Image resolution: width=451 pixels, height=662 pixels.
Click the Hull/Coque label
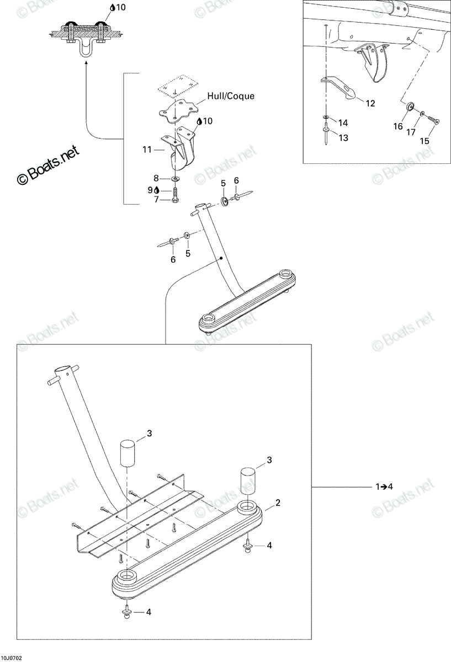[231, 96]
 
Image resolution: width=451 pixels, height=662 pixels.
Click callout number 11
[147, 150]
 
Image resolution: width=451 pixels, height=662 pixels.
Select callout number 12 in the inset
[370, 103]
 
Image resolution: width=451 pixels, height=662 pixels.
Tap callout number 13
[343, 138]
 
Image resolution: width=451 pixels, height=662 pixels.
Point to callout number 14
[343, 122]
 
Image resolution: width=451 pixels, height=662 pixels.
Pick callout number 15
[425, 141]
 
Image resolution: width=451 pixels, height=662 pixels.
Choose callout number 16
[398, 126]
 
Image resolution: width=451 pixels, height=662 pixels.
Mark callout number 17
[411, 132]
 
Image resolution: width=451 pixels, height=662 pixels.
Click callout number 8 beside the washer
[156, 178]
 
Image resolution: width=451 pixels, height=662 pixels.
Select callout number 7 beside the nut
[156, 200]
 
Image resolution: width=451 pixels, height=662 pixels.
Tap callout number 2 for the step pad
[278, 503]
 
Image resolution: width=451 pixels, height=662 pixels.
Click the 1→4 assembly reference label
[384, 487]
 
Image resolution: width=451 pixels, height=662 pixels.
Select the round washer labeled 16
[410, 106]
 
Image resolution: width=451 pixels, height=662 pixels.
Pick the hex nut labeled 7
[175, 200]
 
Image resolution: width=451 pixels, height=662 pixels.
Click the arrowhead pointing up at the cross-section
[86, 63]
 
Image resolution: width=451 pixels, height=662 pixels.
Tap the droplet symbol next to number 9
[156, 190]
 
